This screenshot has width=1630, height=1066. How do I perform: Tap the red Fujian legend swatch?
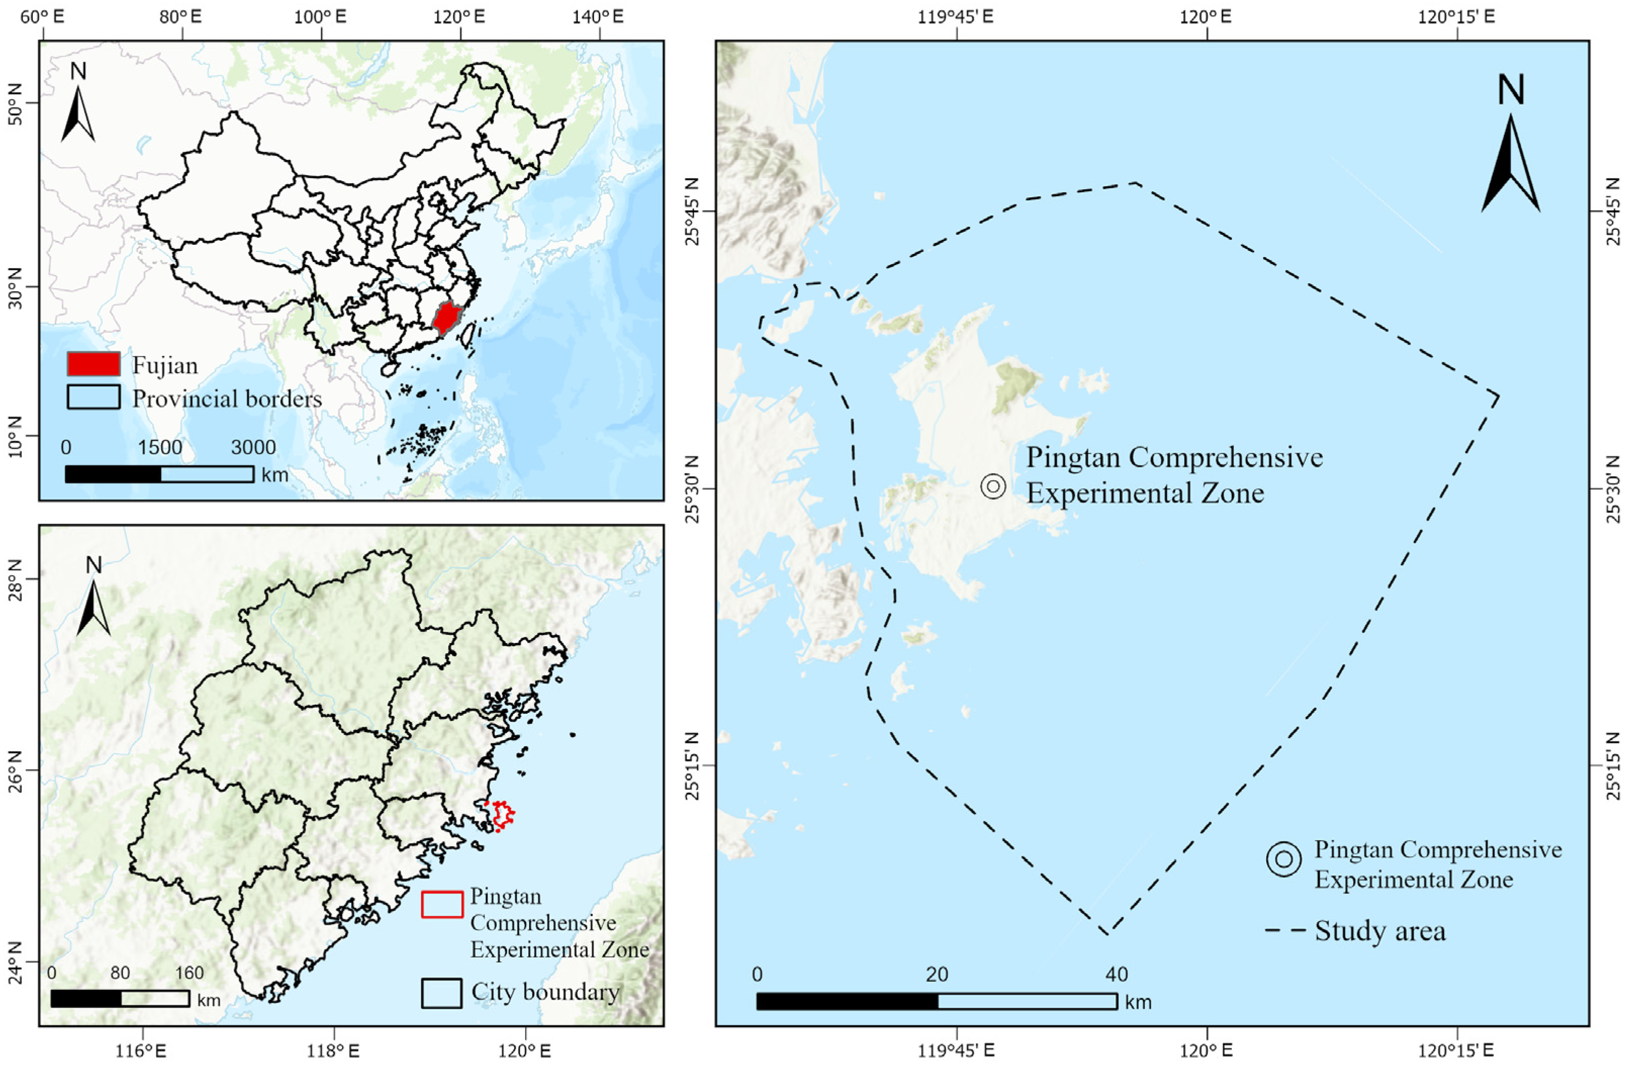tap(93, 364)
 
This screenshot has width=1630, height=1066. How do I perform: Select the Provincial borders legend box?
tap(93, 397)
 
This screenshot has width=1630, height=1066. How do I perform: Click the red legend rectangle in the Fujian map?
tap(442, 904)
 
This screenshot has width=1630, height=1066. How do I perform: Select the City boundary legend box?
tap(441, 993)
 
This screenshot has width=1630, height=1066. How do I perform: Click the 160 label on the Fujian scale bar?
tap(189, 973)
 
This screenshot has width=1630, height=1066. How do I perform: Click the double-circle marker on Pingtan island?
tap(993, 486)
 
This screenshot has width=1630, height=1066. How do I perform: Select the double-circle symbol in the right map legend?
tap(1283, 859)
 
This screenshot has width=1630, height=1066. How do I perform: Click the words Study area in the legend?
tap(1380, 931)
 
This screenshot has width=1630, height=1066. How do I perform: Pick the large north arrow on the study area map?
tap(1511, 157)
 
